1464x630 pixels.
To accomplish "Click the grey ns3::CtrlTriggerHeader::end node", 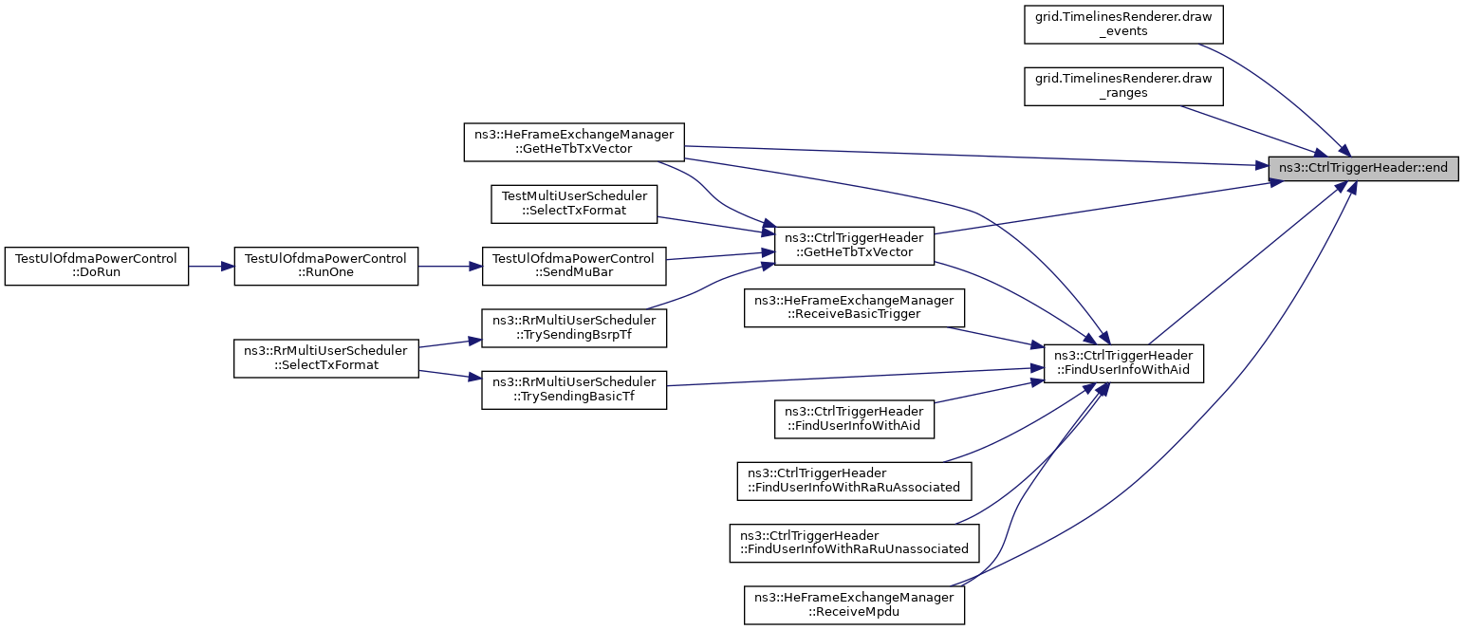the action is pyautogui.click(x=1363, y=168).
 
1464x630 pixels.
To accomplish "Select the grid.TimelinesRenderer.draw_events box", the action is pyautogui.click(x=1123, y=25).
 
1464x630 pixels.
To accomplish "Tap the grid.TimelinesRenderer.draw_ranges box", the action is pyautogui.click(x=1123, y=86).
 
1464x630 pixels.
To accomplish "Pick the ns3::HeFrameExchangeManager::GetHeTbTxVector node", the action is pyautogui.click(x=574, y=141).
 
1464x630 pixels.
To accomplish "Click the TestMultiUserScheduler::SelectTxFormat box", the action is pyautogui.click(x=574, y=204).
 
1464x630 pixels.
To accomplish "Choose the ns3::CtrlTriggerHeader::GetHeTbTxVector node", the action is pyautogui.click(x=854, y=246).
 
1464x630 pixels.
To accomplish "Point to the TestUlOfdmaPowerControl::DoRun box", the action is pyautogui.click(x=97, y=266).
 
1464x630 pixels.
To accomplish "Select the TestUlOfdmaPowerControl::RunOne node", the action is pyautogui.click(x=326, y=266).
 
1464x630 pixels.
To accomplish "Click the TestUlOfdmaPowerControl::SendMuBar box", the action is pyautogui.click(x=574, y=266).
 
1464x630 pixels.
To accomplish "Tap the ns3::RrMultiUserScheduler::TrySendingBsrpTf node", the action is pyautogui.click(x=574, y=328).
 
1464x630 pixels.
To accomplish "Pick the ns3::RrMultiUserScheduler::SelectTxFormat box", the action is pyautogui.click(x=326, y=358).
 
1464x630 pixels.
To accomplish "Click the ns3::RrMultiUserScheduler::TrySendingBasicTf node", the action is pyautogui.click(x=574, y=390).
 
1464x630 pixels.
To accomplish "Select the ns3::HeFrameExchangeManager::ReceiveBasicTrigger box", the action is pyautogui.click(x=854, y=307).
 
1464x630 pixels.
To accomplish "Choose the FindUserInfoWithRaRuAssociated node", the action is pyautogui.click(x=854, y=481).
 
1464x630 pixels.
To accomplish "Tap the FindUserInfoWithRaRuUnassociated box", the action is pyautogui.click(x=854, y=543).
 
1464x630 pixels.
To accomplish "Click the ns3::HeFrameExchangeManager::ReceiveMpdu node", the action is pyautogui.click(x=854, y=604).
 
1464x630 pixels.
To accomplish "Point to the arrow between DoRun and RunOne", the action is pyautogui.click(x=211, y=266).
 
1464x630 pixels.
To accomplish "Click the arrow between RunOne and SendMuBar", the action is pyautogui.click(x=451, y=266).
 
